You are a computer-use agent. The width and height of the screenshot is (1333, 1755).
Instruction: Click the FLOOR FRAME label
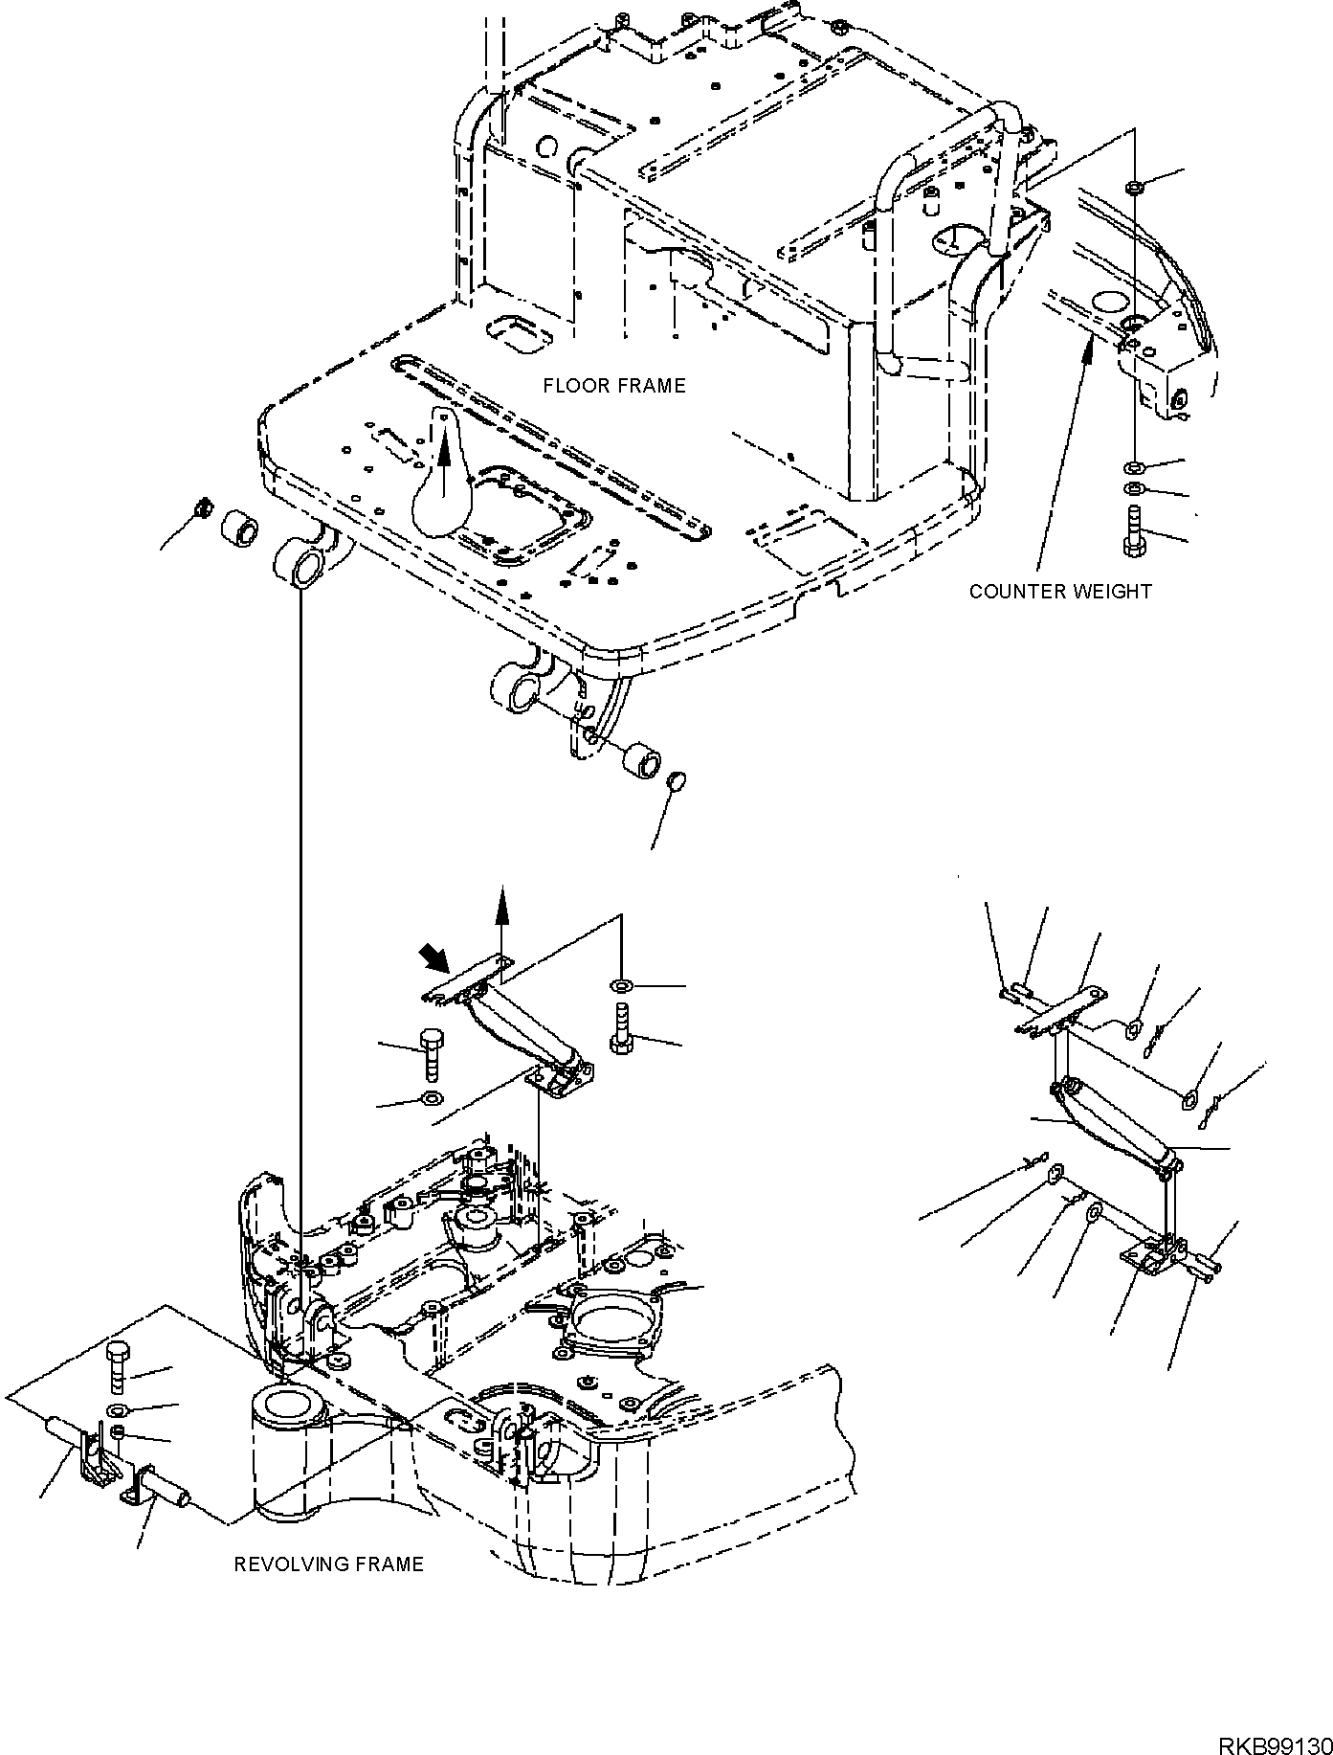[x=614, y=386]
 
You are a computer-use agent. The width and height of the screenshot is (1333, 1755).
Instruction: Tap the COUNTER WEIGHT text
[x=1060, y=592]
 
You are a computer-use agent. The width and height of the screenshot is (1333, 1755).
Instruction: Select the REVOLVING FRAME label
[x=328, y=1564]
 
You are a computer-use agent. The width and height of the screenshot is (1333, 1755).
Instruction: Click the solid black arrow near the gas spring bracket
[x=430, y=958]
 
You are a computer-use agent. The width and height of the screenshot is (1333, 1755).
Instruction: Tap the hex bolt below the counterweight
[x=1133, y=530]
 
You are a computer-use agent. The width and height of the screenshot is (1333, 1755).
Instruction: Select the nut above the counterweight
[x=1132, y=187]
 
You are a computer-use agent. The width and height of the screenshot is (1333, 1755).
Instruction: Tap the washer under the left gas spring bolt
[x=432, y=1098]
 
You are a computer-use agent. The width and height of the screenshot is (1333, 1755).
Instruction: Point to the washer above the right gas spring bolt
[x=621, y=985]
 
